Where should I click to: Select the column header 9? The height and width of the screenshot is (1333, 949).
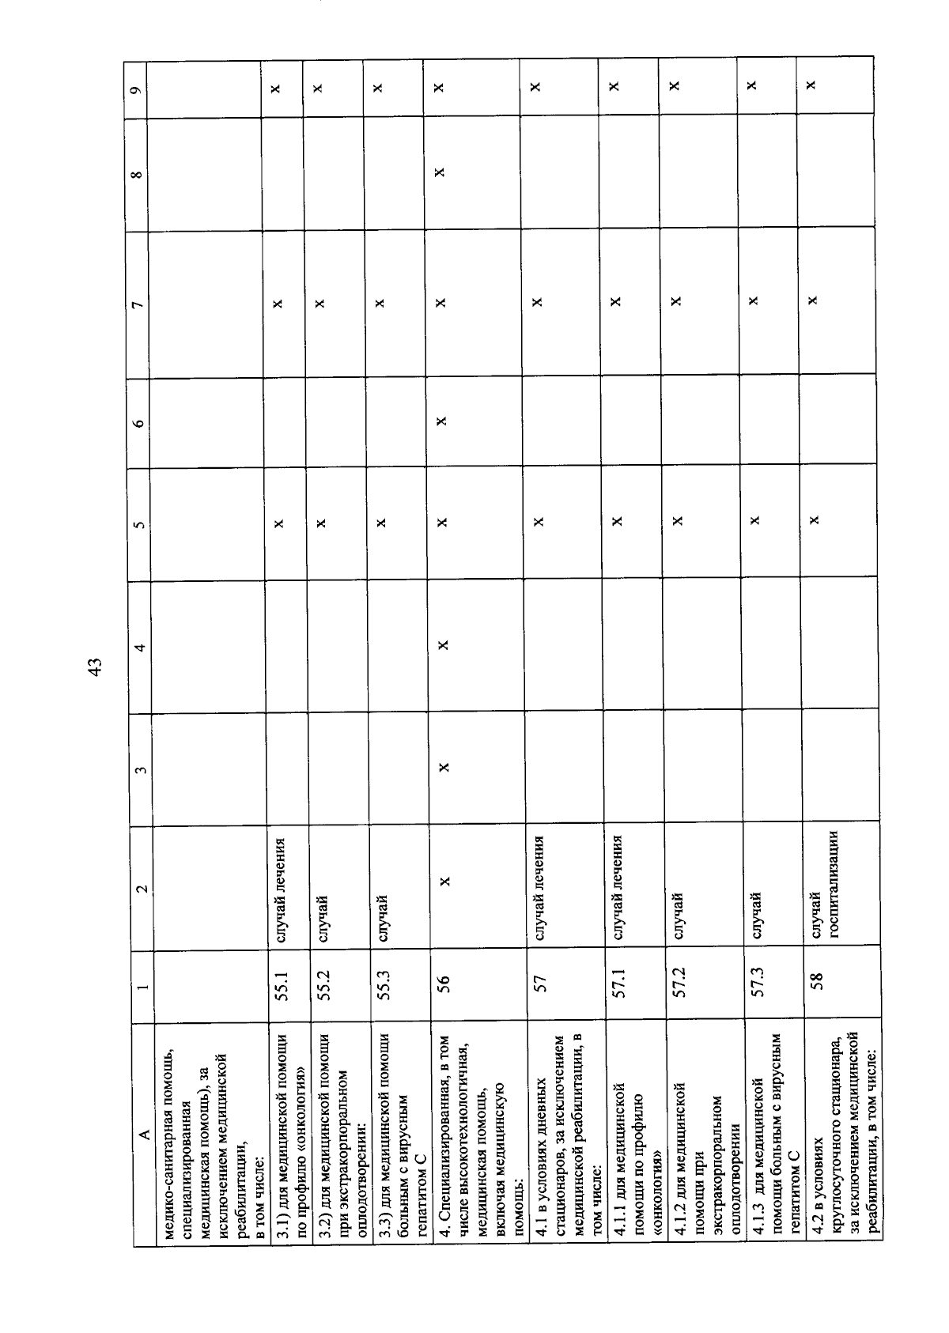[x=138, y=87]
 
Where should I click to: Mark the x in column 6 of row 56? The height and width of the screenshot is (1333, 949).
[x=443, y=421]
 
